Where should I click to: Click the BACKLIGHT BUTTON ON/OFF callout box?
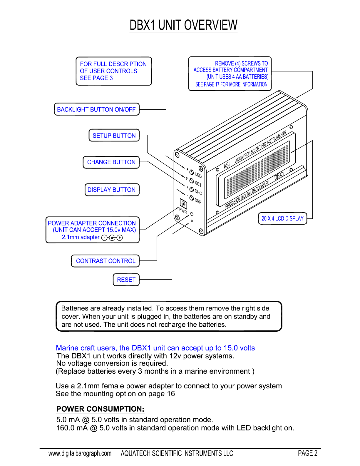96,109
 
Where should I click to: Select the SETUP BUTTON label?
114,136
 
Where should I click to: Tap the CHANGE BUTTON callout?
111,162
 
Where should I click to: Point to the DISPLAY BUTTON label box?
112,190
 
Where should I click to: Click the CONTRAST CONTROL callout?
105,261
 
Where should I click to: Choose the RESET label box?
126,280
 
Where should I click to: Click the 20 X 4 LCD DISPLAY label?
282,218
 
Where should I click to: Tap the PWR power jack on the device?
183,204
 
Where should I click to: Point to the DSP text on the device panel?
198,201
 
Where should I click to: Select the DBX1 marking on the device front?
279,176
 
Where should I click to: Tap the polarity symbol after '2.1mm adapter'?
112,238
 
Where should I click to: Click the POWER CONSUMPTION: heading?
101,409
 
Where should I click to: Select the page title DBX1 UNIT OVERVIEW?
183,25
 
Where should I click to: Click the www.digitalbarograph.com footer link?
80,453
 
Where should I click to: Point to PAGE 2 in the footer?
307,453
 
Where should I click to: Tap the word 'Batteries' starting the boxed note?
75,308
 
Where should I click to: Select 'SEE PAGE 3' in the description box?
96,78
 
